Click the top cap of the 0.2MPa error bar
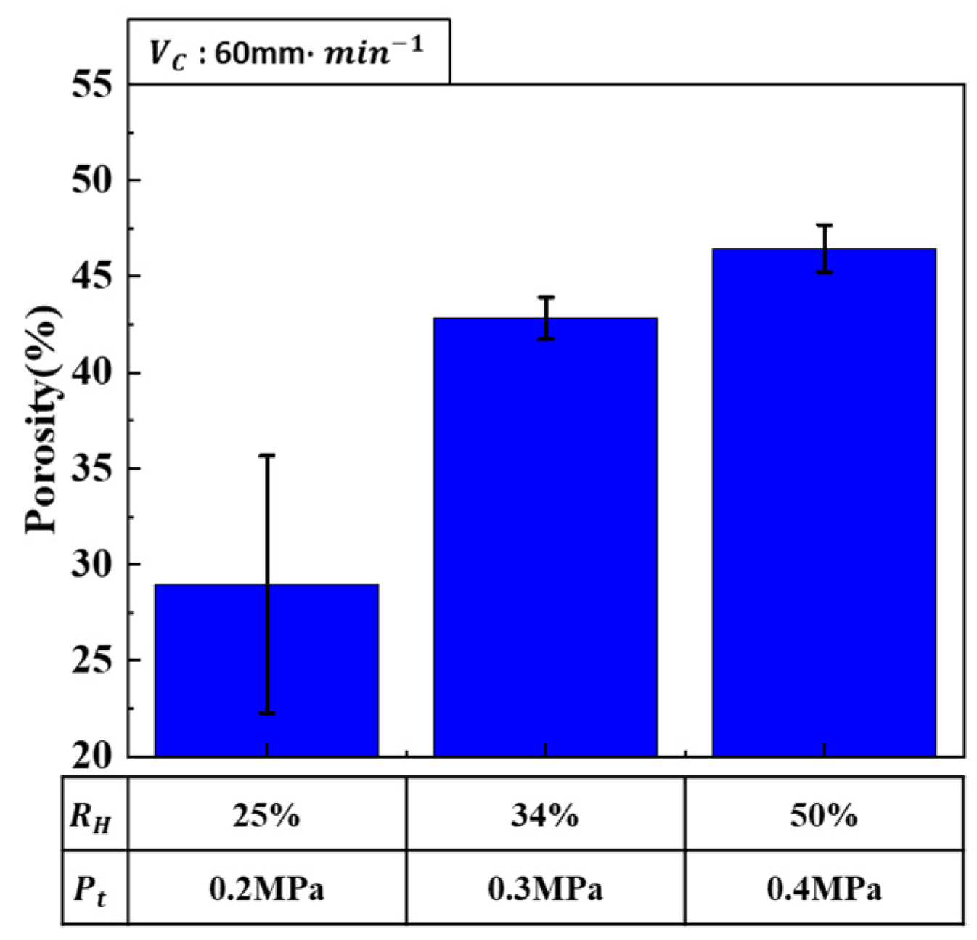tap(267, 455)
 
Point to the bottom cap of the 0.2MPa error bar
tap(267, 714)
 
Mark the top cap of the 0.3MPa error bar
tap(546, 297)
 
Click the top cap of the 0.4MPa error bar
tap(824, 225)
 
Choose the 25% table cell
tap(266, 816)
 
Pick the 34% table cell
tap(545, 816)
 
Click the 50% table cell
tap(824, 816)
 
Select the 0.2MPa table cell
tap(266, 888)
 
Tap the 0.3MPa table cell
tap(545, 888)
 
